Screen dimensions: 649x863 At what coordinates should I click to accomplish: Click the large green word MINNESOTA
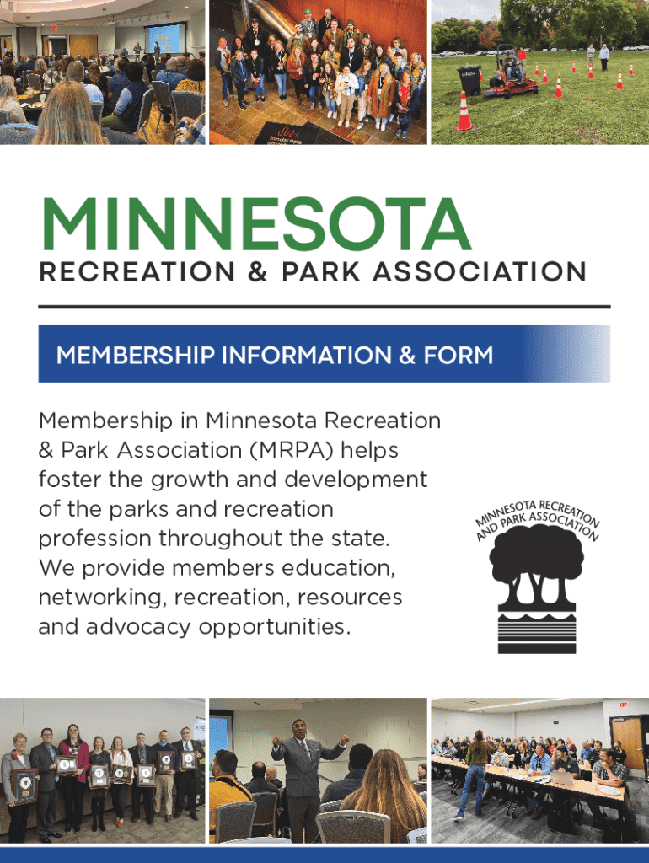pyautogui.click(x=256, y=224)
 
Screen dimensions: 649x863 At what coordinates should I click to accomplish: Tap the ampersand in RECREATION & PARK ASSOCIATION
pyautogui.click(x=258, y=272)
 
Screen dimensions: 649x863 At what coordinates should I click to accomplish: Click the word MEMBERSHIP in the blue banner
pyautogui.click(x=136, y=355)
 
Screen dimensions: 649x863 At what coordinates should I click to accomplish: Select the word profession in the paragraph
pyautogui.click(x=94, y=539)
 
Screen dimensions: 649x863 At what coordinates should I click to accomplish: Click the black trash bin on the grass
pyautogui.click(x=469, y=80)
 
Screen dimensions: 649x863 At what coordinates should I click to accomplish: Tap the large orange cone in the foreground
pyautogui.click(x=464, y=112)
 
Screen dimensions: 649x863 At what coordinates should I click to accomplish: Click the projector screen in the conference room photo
pyautogui.click(x=164, y=39)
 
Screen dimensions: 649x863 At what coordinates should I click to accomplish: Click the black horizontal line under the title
pyautogui.click(x=324, y=307)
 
